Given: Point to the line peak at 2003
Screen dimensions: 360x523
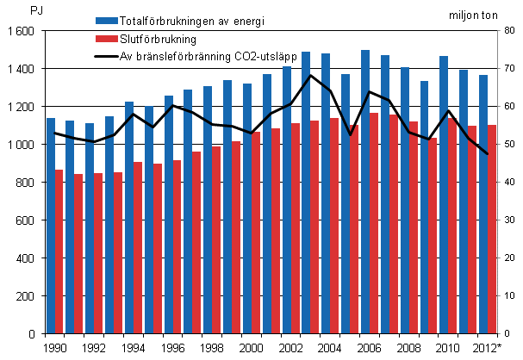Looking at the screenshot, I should tap(309, 76).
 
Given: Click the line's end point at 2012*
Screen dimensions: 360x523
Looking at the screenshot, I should tap(488, 154).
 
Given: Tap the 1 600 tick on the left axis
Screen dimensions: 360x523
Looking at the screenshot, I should tap(22, 31).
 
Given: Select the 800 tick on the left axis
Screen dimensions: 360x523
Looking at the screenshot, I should tap(25, 183).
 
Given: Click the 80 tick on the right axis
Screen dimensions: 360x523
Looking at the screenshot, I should tap(509, 31).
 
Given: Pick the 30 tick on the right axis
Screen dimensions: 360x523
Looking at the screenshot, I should tap(509, 220).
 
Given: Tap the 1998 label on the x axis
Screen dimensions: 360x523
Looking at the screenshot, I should tap(211, 347).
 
